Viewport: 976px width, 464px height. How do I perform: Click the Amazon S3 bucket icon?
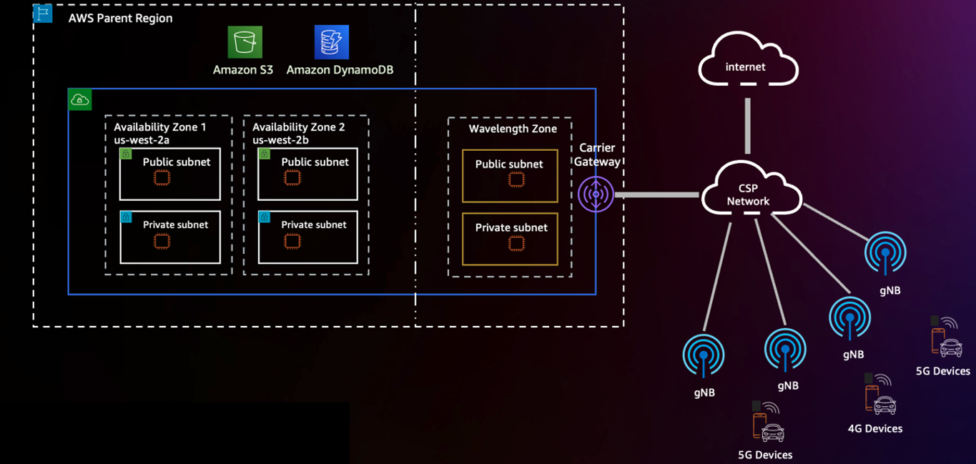coord(245,42)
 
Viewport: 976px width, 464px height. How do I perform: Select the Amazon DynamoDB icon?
coord(332,42)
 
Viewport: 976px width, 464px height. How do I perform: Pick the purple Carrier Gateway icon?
coord(596,194)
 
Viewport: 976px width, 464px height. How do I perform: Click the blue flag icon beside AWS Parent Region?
coord(43,13)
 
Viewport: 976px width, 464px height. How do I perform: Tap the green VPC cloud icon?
coord(79,100)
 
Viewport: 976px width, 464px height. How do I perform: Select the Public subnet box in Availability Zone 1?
coord(170,174)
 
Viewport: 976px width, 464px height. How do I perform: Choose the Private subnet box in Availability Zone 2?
coord(307,237)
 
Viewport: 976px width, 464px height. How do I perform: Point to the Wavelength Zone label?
coord(512,129)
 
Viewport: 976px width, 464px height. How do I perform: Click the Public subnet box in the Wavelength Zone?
coord(510,176)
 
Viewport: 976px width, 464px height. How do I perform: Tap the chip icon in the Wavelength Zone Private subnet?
coord(516,244)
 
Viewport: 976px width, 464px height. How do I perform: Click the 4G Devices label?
coord(874,428)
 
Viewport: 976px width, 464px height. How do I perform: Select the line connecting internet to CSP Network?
coord(748,126)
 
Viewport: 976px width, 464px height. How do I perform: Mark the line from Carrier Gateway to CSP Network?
coord(656,194)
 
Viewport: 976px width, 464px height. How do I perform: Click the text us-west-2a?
coord(142,140)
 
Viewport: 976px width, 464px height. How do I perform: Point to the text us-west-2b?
coord(280,140)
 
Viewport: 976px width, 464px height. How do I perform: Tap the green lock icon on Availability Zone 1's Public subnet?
coord(126,154)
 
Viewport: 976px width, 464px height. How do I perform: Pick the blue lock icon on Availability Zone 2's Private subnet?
coord(265,217)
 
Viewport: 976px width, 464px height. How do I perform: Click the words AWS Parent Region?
coord(120,18)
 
